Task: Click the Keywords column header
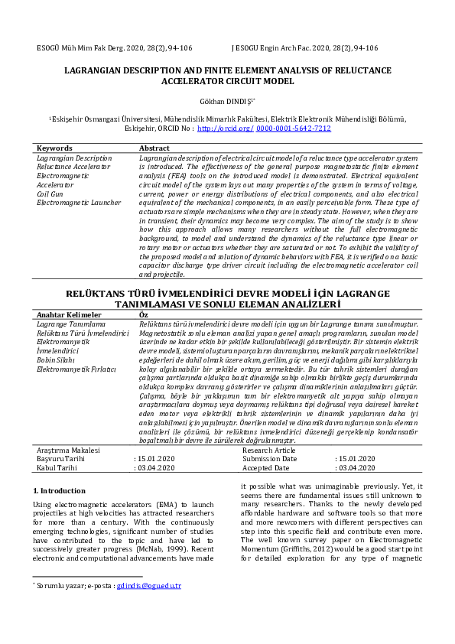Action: (x=54, y=148)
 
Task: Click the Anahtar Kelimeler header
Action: (x=70, y=315)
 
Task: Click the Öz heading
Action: (x=143, y=315)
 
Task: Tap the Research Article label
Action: (x=270, y=450)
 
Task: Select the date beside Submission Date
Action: (x=356, y=459)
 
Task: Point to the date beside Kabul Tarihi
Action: (x=156, y=467)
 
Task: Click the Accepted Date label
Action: (x=267, y=467)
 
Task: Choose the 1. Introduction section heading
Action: (x=60, y=490)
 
